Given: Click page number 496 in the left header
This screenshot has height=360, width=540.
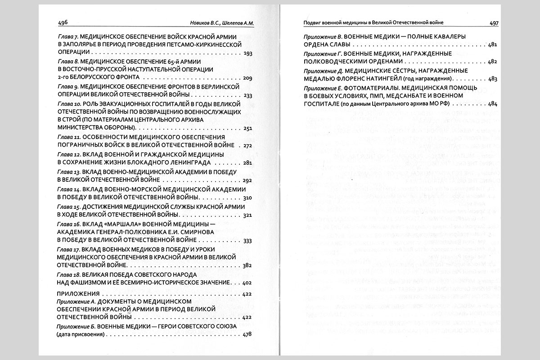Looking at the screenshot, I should pyautogui.click(x=63, y=23).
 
